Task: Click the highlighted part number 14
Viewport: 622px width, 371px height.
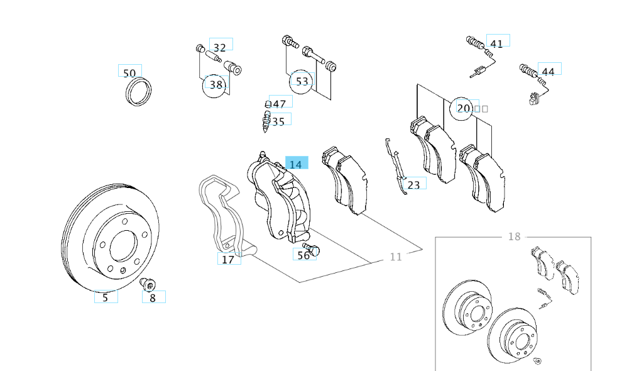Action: (x=296, y=164)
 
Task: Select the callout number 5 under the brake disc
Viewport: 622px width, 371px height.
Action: (x=106, y=297)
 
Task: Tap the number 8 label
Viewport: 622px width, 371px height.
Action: (x=153, y=297)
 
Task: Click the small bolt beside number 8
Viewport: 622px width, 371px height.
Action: (x=148, y=285)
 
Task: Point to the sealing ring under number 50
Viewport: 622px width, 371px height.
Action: (x=139, y=91)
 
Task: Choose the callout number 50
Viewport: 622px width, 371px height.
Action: (x=129, y=72)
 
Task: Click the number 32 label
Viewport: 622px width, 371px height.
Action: (x=219, y=47)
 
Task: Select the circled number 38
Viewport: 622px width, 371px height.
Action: (x=216, y=84)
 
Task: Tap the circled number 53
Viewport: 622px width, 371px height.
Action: (x=302, y=81)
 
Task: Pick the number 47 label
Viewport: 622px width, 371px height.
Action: (x=279, y=104)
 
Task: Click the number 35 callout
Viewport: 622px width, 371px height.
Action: (x=278, y=121)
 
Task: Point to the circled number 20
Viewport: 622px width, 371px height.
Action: (x=464, y=108)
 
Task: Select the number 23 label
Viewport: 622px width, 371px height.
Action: (x=413, y=184)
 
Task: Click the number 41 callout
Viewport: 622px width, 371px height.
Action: (x=496, y=43)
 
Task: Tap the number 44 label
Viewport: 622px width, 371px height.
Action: (x=548, y=71)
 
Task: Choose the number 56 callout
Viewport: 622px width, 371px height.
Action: (x=303, y=255)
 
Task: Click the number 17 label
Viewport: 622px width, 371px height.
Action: (x=228, y=259)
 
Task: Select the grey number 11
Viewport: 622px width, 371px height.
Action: (x=395, y=256)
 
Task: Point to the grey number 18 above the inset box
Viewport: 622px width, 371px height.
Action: (x=514, y=236)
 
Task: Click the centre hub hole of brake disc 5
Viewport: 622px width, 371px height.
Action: (x=123, y=247)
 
